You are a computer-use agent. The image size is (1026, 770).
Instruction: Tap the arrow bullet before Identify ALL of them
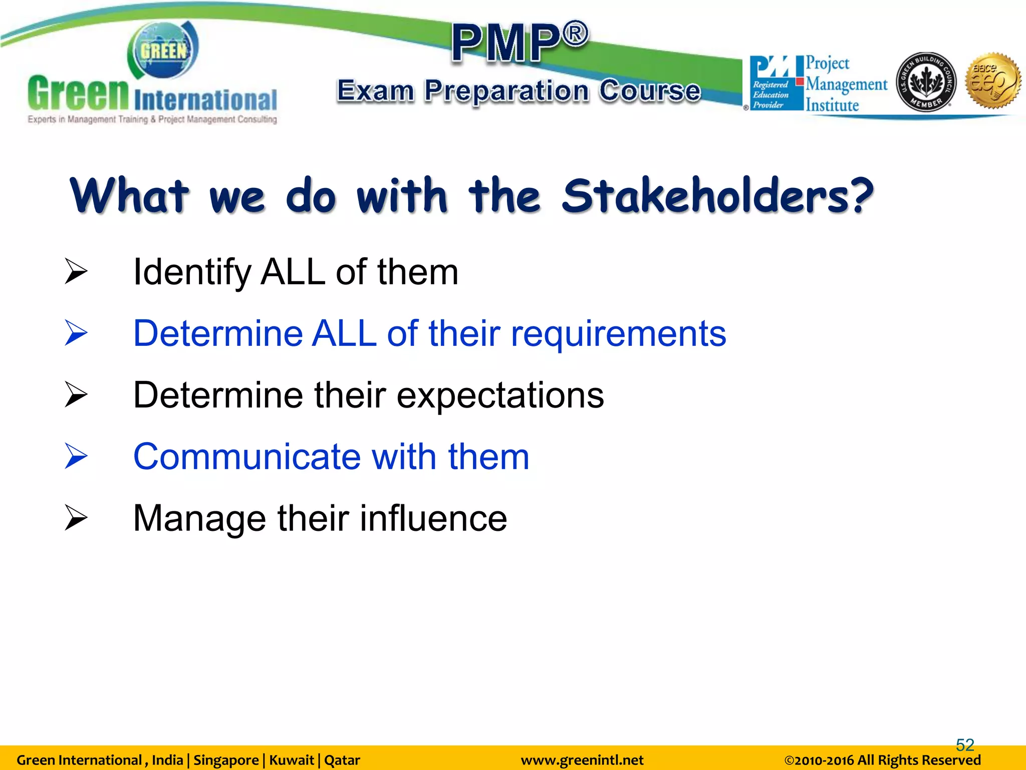click(x=76, y=272)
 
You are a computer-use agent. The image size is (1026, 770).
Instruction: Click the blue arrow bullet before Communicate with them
click(x=76, y=456)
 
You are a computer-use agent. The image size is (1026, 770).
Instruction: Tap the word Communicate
click(x=247, y=457)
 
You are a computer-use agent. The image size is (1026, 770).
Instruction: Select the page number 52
click(x=965, y=745)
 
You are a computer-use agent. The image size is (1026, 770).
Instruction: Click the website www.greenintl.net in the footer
click(x=582, y=760)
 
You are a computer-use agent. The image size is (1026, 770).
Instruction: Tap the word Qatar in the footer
click(x=342, y=760)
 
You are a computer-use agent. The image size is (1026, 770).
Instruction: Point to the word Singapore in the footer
click(x=226, y=760)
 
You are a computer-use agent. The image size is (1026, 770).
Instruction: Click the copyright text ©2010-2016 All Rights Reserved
click(x=882, y=760)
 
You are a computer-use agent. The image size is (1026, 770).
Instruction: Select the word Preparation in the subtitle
click(x=506, y=91)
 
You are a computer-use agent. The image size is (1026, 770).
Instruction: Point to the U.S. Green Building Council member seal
click(x=926, y=82)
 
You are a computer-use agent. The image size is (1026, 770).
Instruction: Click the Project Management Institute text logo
click(x=846, y=84)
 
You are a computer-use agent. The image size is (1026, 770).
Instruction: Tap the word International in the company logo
click(x=205, y=100)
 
